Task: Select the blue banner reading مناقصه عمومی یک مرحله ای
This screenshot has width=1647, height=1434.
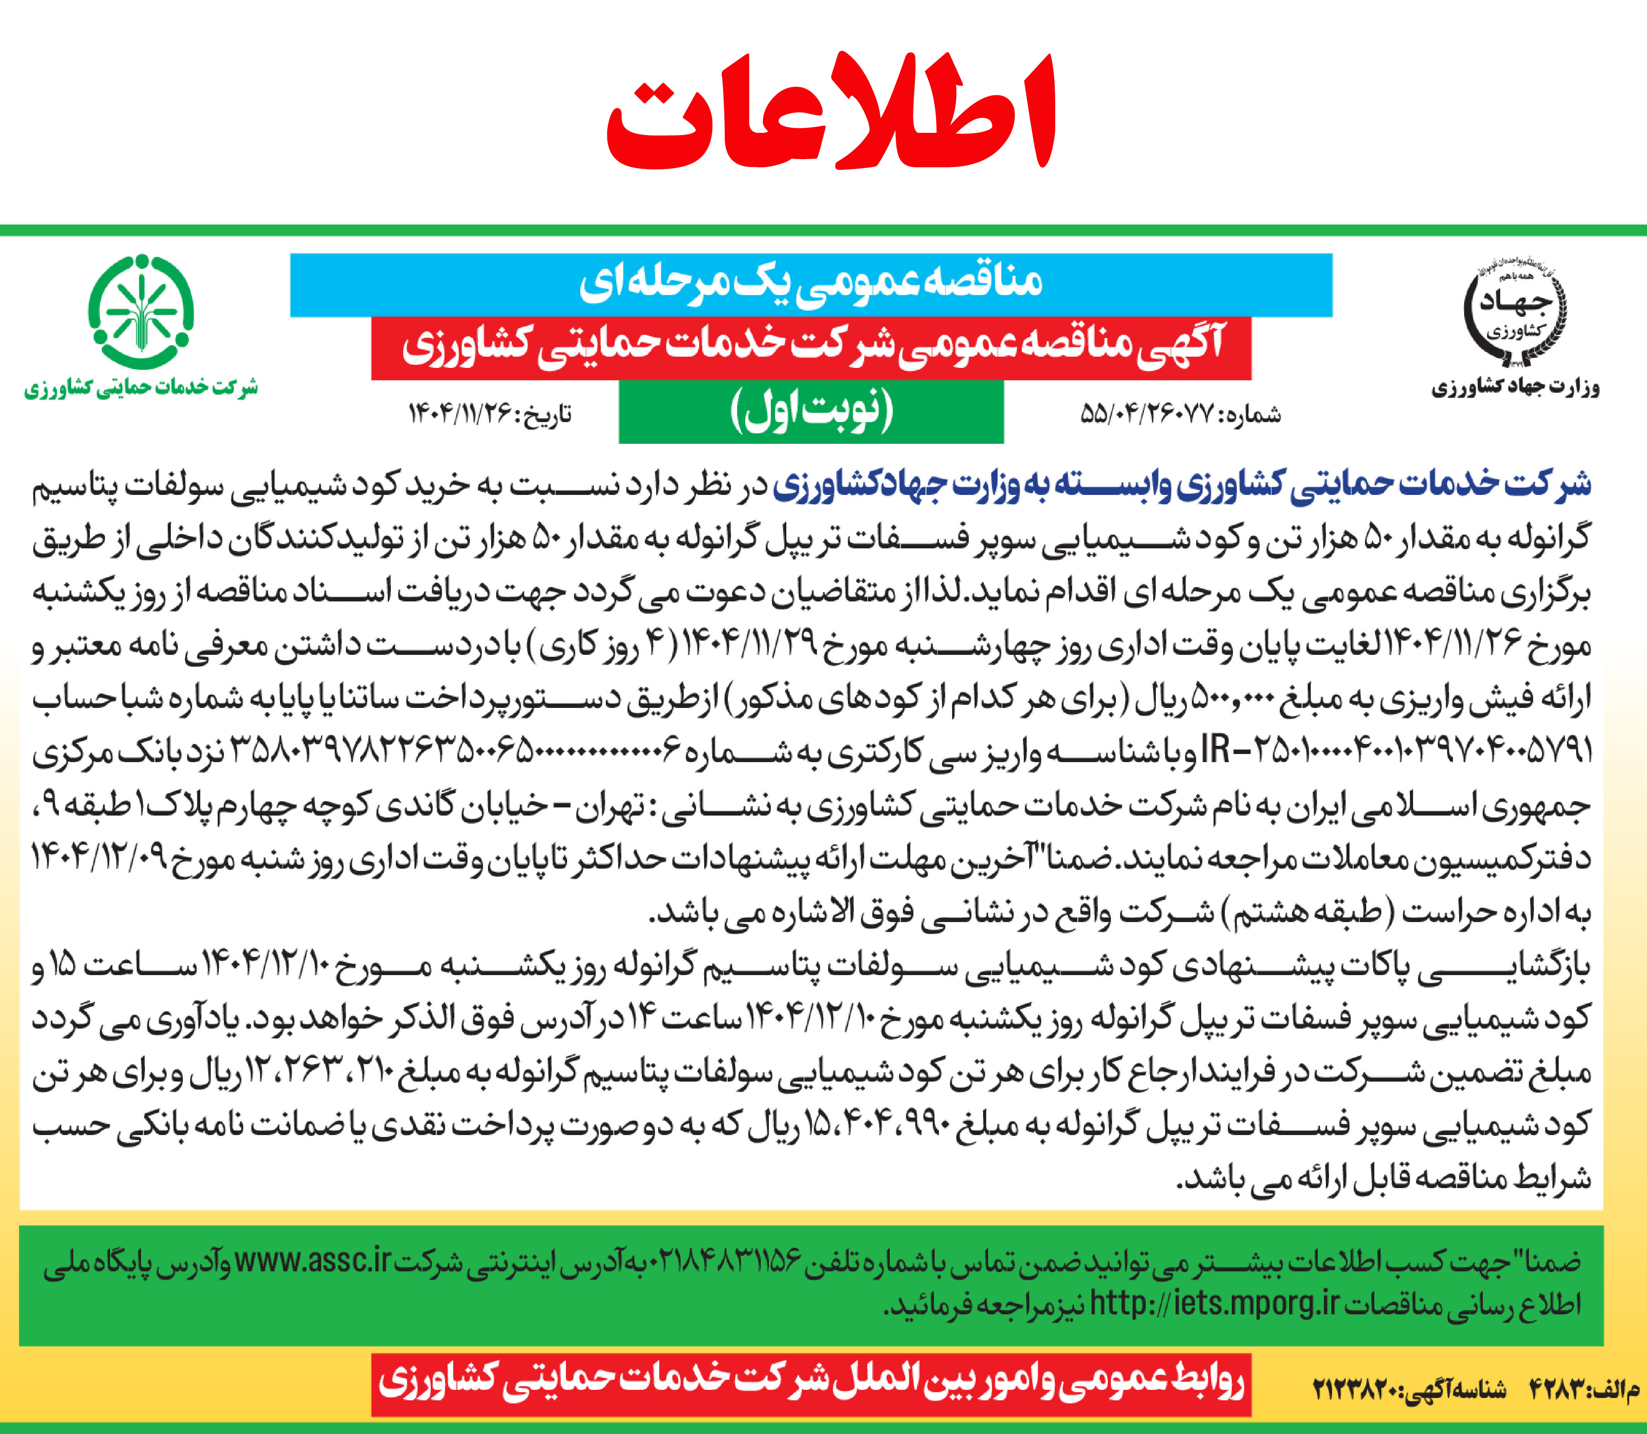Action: coord(811,284)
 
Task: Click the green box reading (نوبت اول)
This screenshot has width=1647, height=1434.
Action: coord(811,411)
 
